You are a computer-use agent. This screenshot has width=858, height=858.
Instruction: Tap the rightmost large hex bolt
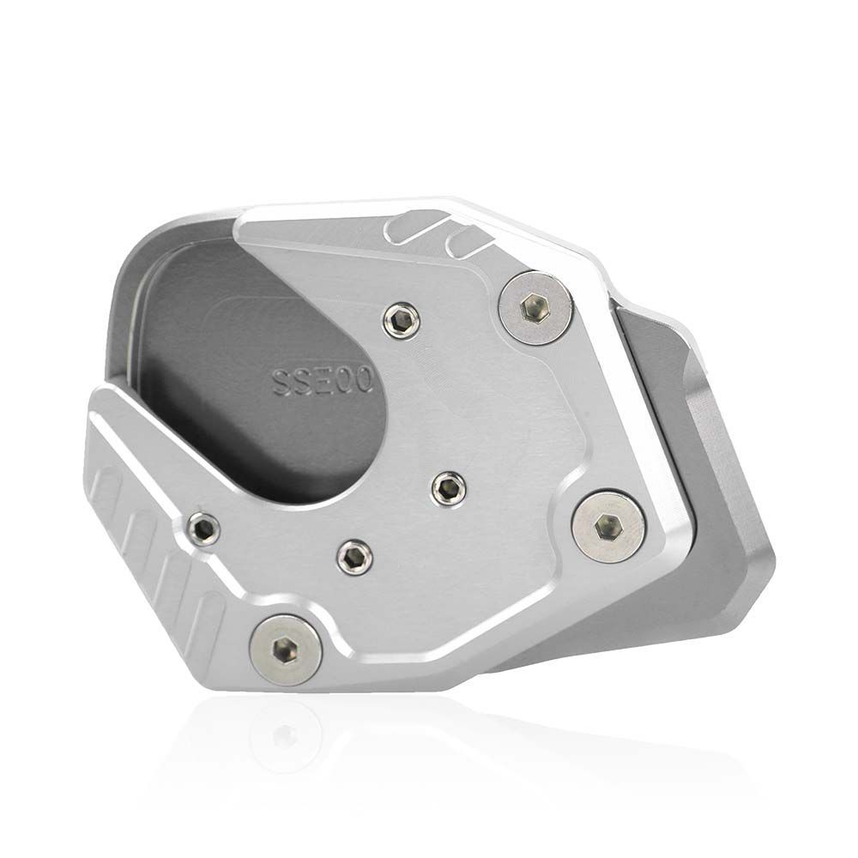click(609, 526)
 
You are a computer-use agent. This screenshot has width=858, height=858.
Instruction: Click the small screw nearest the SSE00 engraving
click(402, 321)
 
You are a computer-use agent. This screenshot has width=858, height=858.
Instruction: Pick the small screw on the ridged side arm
click(202, 529)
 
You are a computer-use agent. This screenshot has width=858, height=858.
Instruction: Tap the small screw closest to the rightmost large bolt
click(446, 488)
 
